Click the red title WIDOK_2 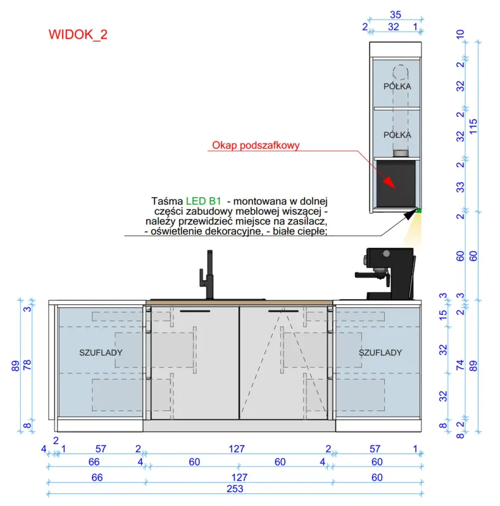pyautogui.click(x=78, y=35)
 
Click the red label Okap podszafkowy pyautogui.click(x=256, y=145)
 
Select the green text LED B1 pyautogui.click(x=204, y=201)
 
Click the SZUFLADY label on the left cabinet pyautogui.click(x=101, y=352)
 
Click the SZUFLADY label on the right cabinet pyautogui.click(x=380, y=352)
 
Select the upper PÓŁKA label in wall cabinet pyautogui.click(x=397, y=86)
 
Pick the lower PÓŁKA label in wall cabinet pyautogui.click(x=397, y=135)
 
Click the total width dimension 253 pyautogui.click(x=235, y=489)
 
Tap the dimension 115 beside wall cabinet pyautogui.click(x=473, y=126)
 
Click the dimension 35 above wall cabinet pyautogui.click(x=396, y=15)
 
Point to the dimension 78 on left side pyautogui.click(x=27, y=365)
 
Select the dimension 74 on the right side pyautogui.click(x=460, y=365)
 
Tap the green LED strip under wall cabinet pyautogui.click(x=419, y=211)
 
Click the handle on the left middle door pyautogui.click(x=195, y=311)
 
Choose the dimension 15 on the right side pyautogui.click(x=443, y=314)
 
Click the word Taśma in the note pyautogui.click(x=167, y=201)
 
